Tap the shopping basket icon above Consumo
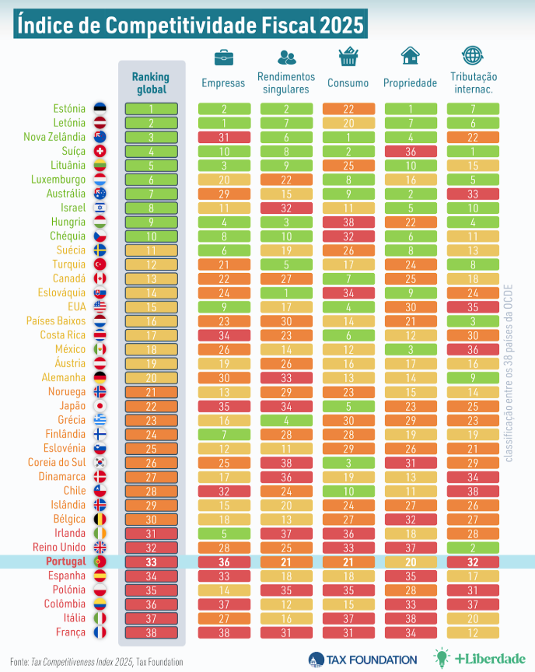tap(348, 57)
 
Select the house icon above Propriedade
tap(410, 56)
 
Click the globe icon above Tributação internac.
tap(472, 56)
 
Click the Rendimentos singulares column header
tap(285, 82)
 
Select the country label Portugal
tap(67, 561)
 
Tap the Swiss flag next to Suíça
tap(100, 151)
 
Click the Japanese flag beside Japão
tap(100, 406)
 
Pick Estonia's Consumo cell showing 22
tap(348, 109)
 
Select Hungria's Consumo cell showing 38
tap(348, 222)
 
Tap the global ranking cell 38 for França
tap(150, 632)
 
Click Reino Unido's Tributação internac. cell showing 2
tap(472, 547)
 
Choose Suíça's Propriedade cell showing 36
tap(410, 151)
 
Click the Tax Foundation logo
tap(362, 659)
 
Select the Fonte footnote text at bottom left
tap(96, 661)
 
